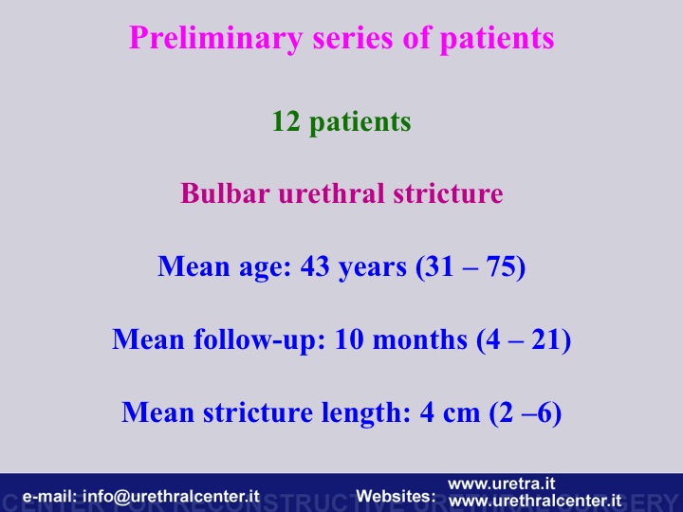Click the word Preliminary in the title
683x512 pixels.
coord(215,39)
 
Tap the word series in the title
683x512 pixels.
coord(354,38)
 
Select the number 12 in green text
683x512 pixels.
coord(286,121)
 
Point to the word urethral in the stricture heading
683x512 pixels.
coord(331,192)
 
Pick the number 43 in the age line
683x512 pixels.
coord(315,266)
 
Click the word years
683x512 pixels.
coord(373,267)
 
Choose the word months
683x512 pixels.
coord(420,339)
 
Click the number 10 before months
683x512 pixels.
coord(349,339)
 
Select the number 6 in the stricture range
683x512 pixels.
coord(545,412)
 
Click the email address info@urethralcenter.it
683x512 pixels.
coord(171,496)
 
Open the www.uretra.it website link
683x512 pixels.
coord(502,484)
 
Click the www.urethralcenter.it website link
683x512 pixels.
coord(535,501)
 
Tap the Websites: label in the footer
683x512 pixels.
coord(396,496)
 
